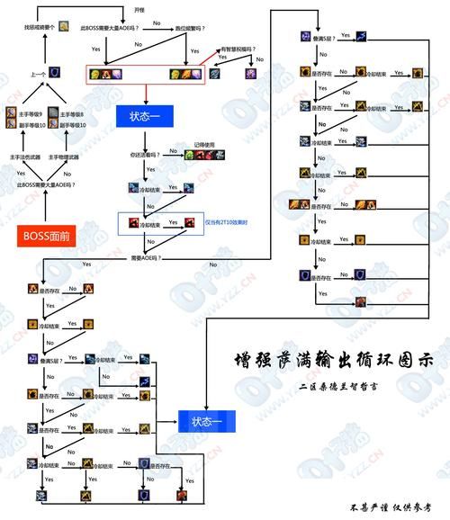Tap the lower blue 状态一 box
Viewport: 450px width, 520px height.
click(210, 419)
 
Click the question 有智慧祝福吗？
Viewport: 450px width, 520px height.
click(237, 49)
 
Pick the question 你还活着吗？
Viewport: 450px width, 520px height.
click(143, 154)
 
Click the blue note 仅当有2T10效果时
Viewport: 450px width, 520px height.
click(229, 220)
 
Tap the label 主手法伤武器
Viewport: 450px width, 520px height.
click(25, 157)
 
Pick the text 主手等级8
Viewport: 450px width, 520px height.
click(72, 114)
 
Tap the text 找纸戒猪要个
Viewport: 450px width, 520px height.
click(38, 28)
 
